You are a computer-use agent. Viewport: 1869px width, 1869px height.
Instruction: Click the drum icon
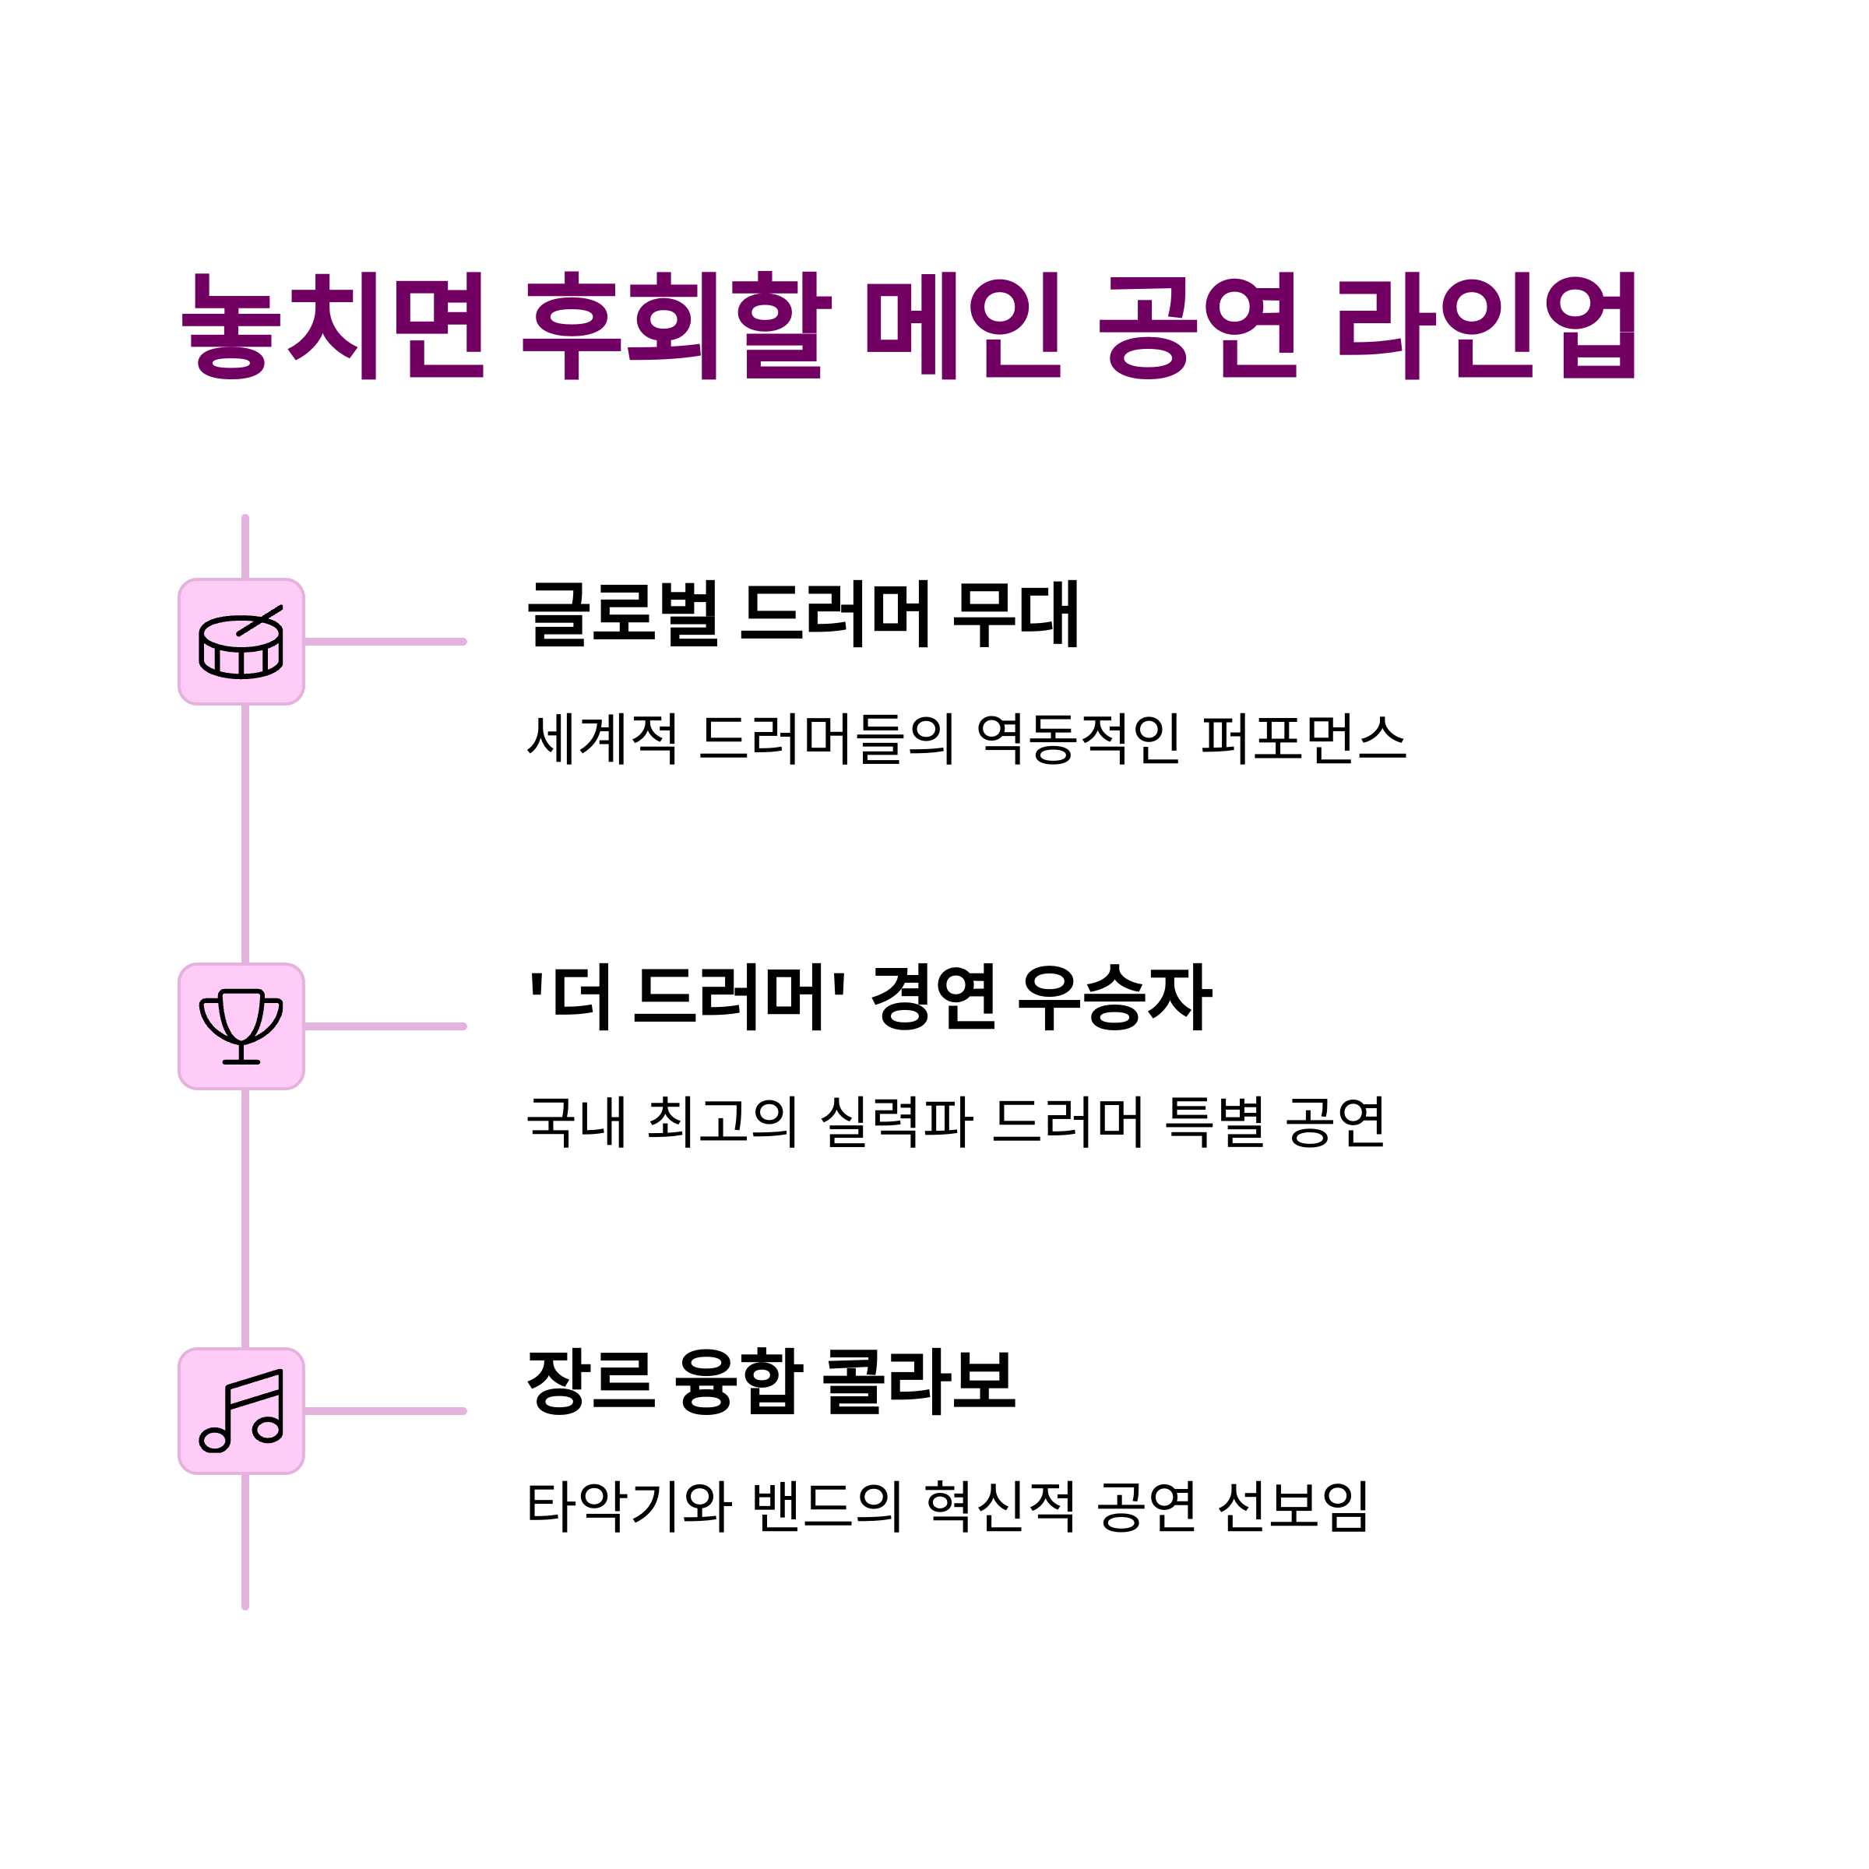click(241, 642)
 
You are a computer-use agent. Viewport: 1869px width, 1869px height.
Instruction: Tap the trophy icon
click(241, 1027)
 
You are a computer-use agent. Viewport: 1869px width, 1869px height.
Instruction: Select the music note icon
click(241, 1411)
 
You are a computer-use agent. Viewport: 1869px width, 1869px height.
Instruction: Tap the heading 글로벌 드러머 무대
click(803, 614)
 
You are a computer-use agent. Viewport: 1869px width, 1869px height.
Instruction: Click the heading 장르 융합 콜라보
click(771, 1382)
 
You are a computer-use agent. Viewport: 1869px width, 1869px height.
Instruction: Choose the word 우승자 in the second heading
click(1114, 998)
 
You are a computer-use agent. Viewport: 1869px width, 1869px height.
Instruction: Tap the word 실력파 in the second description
click(896, 1122)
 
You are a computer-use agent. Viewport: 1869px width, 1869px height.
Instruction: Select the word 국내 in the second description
click(575, 1122)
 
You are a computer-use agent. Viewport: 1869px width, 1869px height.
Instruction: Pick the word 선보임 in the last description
click(1293, 1506)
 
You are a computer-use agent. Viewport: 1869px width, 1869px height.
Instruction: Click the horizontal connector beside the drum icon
click(385, 642)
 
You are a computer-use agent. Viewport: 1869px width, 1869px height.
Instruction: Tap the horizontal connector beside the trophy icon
click(385, 1027)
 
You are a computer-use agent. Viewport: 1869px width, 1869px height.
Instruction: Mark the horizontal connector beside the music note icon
click(385, 1411)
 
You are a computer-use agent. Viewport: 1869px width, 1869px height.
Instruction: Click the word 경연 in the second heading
click(934, 998)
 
